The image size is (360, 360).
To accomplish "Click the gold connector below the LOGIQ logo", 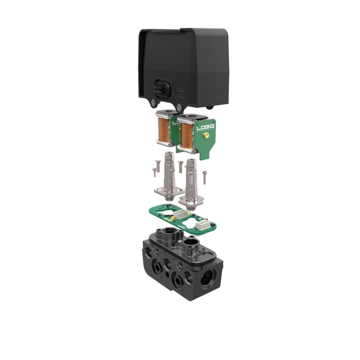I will coord(205,137).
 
